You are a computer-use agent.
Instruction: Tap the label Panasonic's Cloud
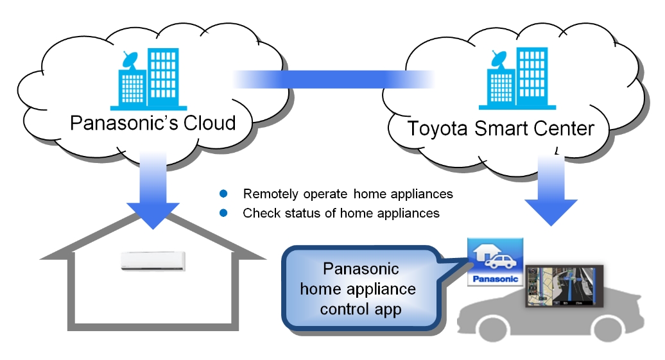tap(153, 123)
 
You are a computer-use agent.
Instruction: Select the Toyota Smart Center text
tap(501, 128)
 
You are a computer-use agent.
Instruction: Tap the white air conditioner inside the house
tap(154, 260)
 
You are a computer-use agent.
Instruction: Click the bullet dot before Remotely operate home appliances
tap(224, 194)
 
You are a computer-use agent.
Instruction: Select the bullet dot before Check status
tap(224, 213)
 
